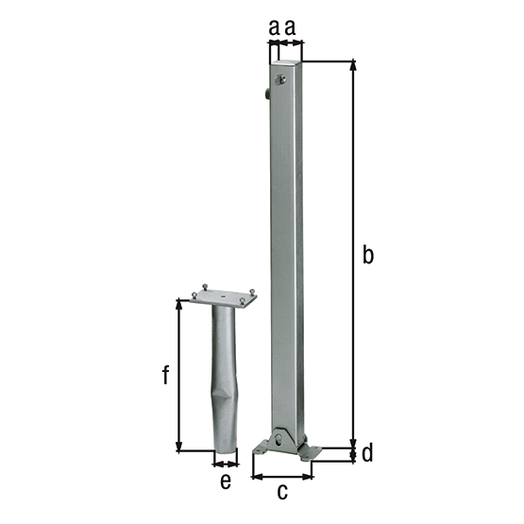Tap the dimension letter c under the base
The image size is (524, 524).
281,491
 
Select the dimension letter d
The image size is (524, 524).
367,453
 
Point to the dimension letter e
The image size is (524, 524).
226,481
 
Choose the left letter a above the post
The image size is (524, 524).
274,29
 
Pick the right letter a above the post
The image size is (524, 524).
291,29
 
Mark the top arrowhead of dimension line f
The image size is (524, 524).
178,303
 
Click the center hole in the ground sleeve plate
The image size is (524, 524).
224,297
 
